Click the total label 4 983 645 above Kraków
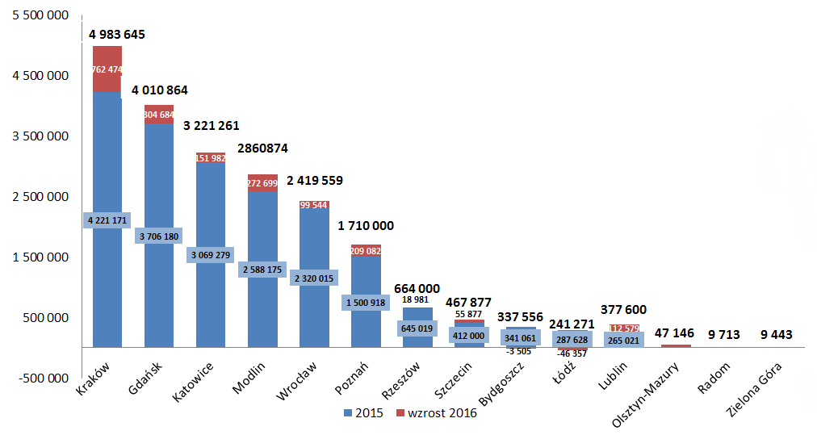117,35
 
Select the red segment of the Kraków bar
107,69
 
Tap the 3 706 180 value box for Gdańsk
159,236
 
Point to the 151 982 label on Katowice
211,158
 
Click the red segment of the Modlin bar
262,183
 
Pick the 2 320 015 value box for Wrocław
314,278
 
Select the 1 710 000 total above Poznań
365,226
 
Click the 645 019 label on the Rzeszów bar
417,328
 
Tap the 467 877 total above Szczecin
469,303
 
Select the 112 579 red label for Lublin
624,328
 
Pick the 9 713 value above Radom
728,333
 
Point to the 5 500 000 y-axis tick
40,16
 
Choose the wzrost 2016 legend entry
436,414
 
